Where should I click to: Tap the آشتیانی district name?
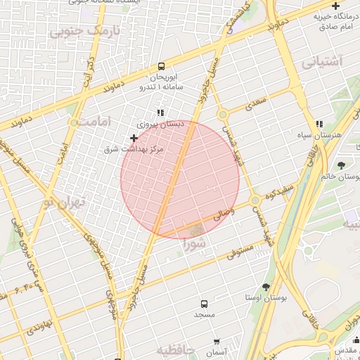click(323, 61)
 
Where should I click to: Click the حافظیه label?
click(174, 350)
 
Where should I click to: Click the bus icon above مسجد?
click(204, 304)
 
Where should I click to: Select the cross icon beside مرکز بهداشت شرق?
click(134, 138)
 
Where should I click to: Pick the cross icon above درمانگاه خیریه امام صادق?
click(335, 6)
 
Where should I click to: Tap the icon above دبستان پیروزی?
click(161, 112)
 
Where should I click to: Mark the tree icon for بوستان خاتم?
click(341, 166)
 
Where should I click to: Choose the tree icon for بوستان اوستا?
click(266, 287)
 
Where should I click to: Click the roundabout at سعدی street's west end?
click(222, 113)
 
